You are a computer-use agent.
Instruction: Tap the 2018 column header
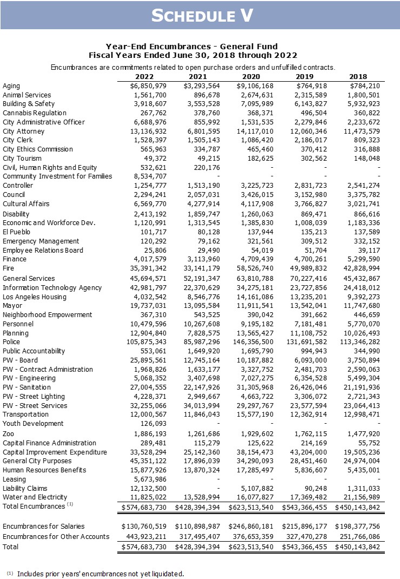(358, 77)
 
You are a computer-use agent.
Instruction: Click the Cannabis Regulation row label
(35, 113)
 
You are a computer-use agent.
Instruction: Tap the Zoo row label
(9, 434)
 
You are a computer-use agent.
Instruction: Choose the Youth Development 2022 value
(154, 424)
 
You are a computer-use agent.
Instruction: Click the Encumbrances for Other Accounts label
(56, 537)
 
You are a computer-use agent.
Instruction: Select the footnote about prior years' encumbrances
(100, 574)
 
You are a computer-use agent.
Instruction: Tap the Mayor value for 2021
(199, 306)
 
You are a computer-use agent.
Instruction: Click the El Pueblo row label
(17, 232)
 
